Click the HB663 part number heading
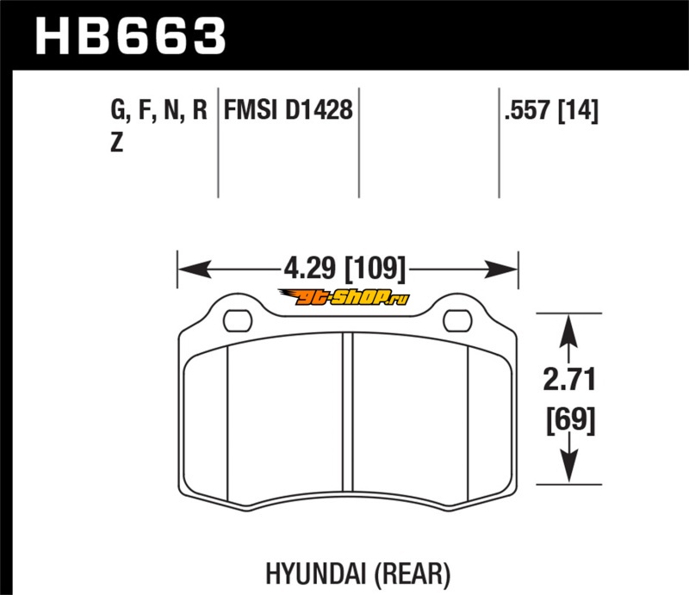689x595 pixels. (131, 35)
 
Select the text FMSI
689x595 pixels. (251, 109)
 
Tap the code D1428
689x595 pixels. (319, 109)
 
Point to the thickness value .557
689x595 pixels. (527, 110)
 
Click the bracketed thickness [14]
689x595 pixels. (578, 110)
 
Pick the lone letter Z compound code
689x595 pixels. (116, 142)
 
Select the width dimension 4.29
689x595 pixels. (309, 268)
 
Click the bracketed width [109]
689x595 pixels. (376, 269)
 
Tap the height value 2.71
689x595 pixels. (569, 380)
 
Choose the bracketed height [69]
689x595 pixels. (570, 420)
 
